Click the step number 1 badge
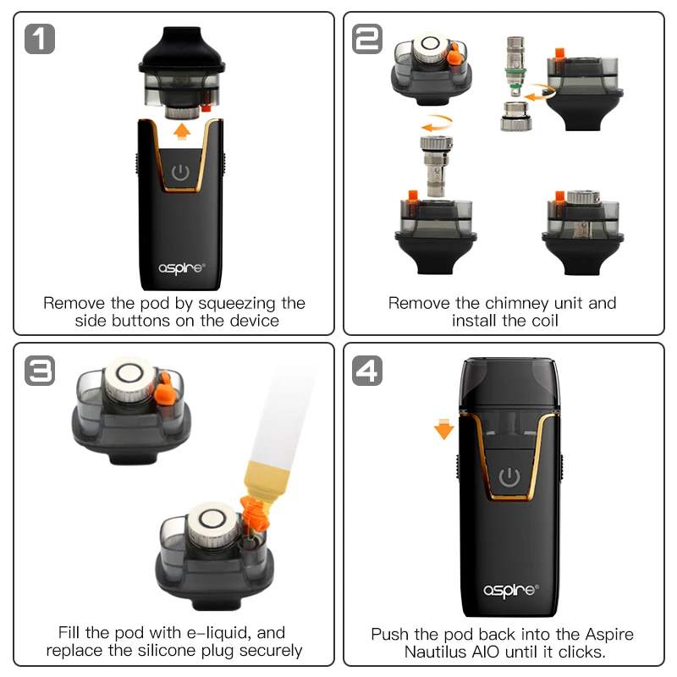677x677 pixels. [40, 39]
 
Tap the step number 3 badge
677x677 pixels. [40, 370]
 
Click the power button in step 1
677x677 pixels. [180, 173]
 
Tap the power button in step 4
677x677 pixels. [509, 477]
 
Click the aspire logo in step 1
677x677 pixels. [181, 268]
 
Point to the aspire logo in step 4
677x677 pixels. [509, 589]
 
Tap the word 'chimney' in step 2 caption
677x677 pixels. [520, 303]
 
